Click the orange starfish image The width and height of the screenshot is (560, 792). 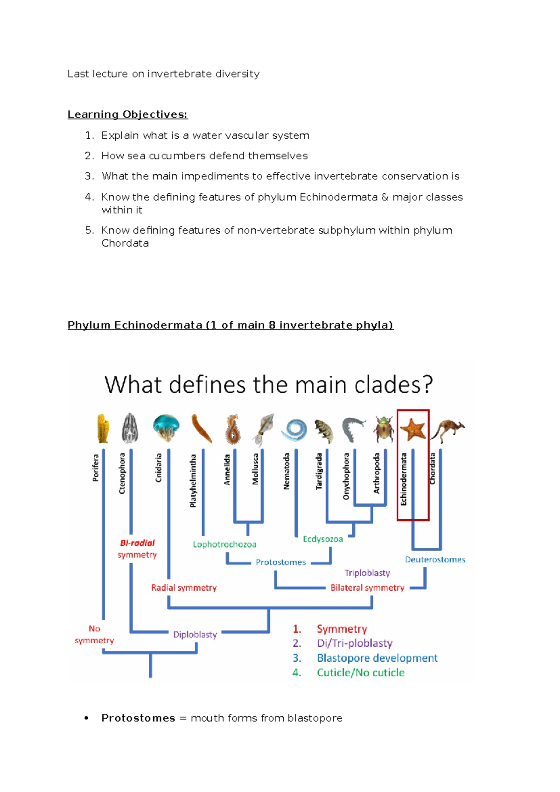tap(413, 429)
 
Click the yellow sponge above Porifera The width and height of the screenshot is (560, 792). tap(103, 428)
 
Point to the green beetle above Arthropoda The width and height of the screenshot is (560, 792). tap(383, 429)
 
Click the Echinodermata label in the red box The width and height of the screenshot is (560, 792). tap(404, 479)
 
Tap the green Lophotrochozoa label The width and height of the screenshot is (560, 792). tap(224, 544)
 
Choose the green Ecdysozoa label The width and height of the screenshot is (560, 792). tap(323, 539)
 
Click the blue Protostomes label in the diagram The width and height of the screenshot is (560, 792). tap(280, 562)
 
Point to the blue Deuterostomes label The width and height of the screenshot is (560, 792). tap(435, 559)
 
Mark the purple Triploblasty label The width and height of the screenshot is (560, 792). tap(367, 573)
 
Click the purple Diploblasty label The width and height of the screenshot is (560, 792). tap(195, 635)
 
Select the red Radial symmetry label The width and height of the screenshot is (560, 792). tap(184, 588)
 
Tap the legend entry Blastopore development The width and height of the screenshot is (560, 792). tap(377, 658)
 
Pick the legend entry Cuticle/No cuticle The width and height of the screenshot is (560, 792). tap(361, 672)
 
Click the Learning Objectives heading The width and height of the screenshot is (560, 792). tap(127, 114)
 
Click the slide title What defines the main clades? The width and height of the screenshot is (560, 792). tap(269, 385)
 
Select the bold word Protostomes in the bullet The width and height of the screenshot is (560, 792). tap(138, 718)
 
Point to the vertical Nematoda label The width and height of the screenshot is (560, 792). tap(287, 471)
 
